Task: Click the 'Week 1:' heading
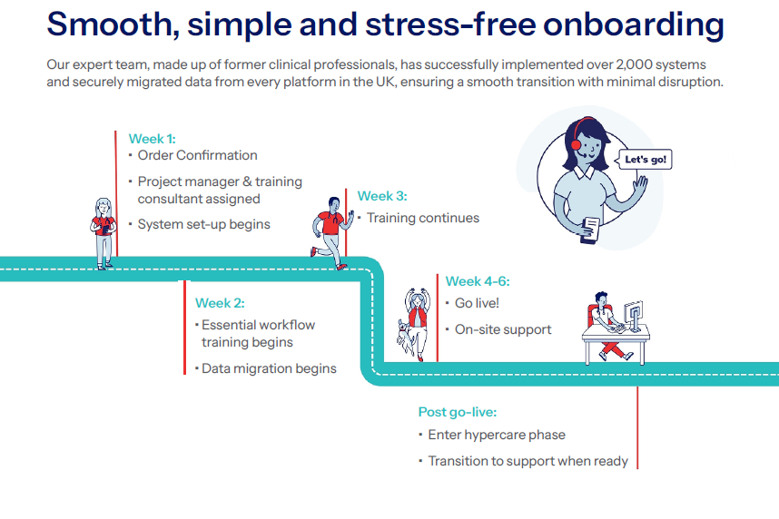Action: (152, 139)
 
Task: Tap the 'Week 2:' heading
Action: (220, 303)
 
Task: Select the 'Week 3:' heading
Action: (382, 196)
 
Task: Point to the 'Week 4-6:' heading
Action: (477, 281)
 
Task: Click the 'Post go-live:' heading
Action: (458, 412)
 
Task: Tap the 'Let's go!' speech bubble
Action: (646, 161)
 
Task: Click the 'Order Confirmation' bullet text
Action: (197, 155)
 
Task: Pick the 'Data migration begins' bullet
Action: (269, 368)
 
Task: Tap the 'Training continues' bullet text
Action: (422, 218)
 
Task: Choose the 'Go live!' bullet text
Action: (477, 303)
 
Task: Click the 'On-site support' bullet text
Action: (503, 329)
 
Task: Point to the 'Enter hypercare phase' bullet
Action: (497, 435)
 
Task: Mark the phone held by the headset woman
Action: (589, 228)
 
